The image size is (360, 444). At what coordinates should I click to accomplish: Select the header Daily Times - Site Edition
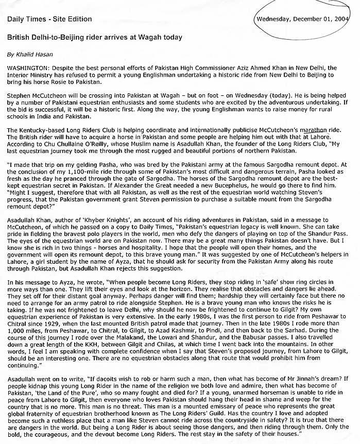coord(49,19)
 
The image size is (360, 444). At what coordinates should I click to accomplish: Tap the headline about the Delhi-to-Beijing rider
coord(94,38)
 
